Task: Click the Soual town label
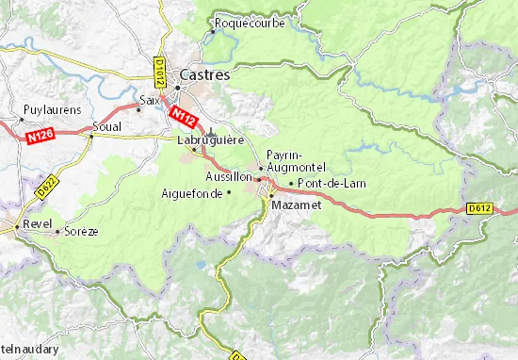pos(106,125)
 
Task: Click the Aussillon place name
pos(228,176)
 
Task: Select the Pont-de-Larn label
pos(332,183)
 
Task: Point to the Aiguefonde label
pos(192,192)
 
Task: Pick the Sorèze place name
pos(80,230)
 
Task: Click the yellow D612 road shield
pos(478,209)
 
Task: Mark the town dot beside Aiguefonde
pos(228,192)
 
